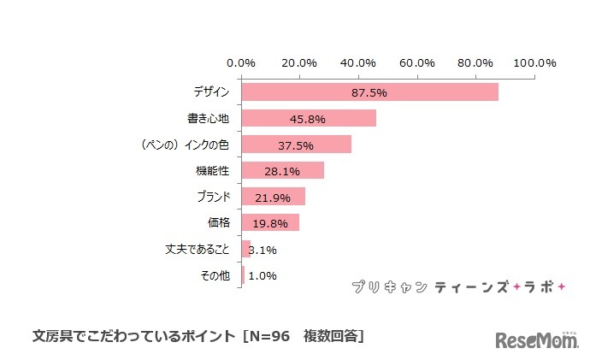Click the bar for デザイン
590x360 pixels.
[x=369, y=91]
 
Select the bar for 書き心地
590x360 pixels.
[x=309, y=118]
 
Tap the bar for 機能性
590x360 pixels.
[x=282, y=170]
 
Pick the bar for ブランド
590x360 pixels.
[x=273, y=197]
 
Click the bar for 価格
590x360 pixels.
[x=270, y=223]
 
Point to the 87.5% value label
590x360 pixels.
[x=369, y=92]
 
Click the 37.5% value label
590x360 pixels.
[x=296, y=145]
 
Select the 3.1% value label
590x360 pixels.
[x=263, y=250]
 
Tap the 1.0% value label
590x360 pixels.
[x=262, y=276]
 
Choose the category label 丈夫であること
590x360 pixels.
[x=197, y=250]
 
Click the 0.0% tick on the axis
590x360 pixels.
[x=241, y=62]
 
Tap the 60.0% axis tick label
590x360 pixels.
[x=417, y=62]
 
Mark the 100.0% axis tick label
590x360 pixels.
[x=535, y=62]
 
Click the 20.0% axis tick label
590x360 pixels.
[x=300, y=62]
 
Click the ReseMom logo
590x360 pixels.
[x=537, y=339]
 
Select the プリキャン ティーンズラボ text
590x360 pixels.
[x=458, y=287]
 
